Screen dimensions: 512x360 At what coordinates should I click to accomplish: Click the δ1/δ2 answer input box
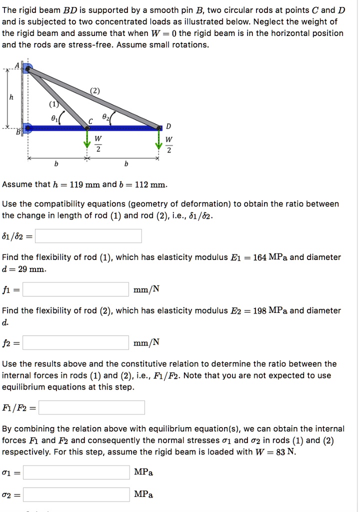88,236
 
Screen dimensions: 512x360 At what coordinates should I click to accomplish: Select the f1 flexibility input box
75,289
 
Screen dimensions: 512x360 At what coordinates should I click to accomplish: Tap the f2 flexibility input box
75,342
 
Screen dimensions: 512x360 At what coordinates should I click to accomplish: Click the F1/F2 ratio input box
91,407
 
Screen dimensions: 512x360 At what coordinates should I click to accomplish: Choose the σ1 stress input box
76,472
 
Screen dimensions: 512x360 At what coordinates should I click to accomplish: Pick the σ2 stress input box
76,494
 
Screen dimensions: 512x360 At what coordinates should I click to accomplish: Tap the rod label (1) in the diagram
52,105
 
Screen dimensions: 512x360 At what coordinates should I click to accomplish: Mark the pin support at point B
27,128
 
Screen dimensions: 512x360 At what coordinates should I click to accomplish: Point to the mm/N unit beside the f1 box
146,289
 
